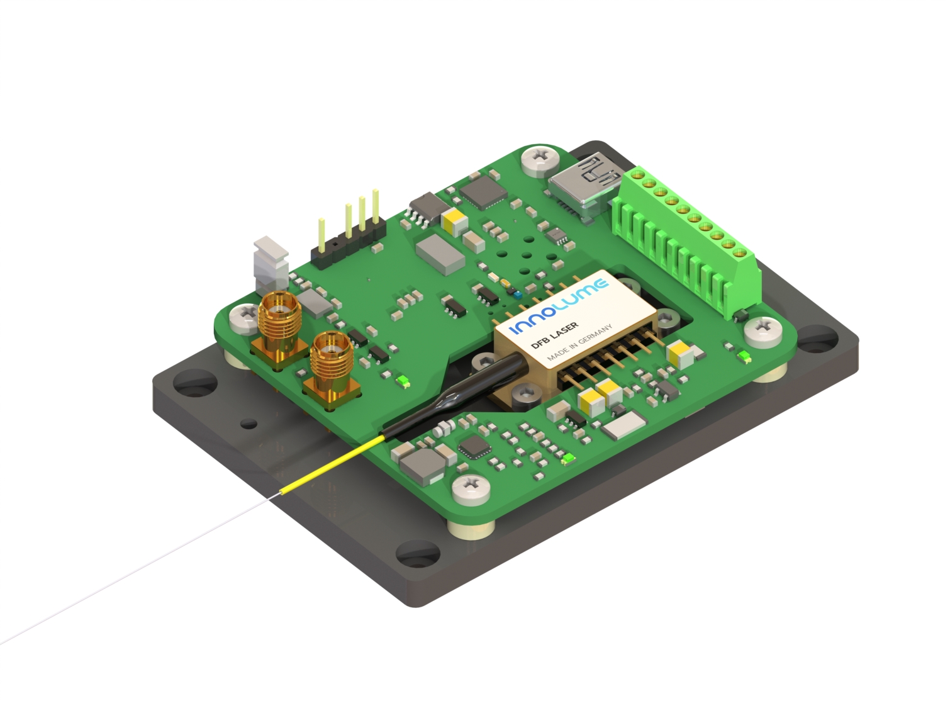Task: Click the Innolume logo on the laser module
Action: [x=559, y=306]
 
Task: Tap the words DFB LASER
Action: [x=555, y=335]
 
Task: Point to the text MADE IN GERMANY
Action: [x=579, y=343]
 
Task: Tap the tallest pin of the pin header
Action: [x=376, y=206]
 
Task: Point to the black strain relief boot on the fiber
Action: [x=454, y=395]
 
